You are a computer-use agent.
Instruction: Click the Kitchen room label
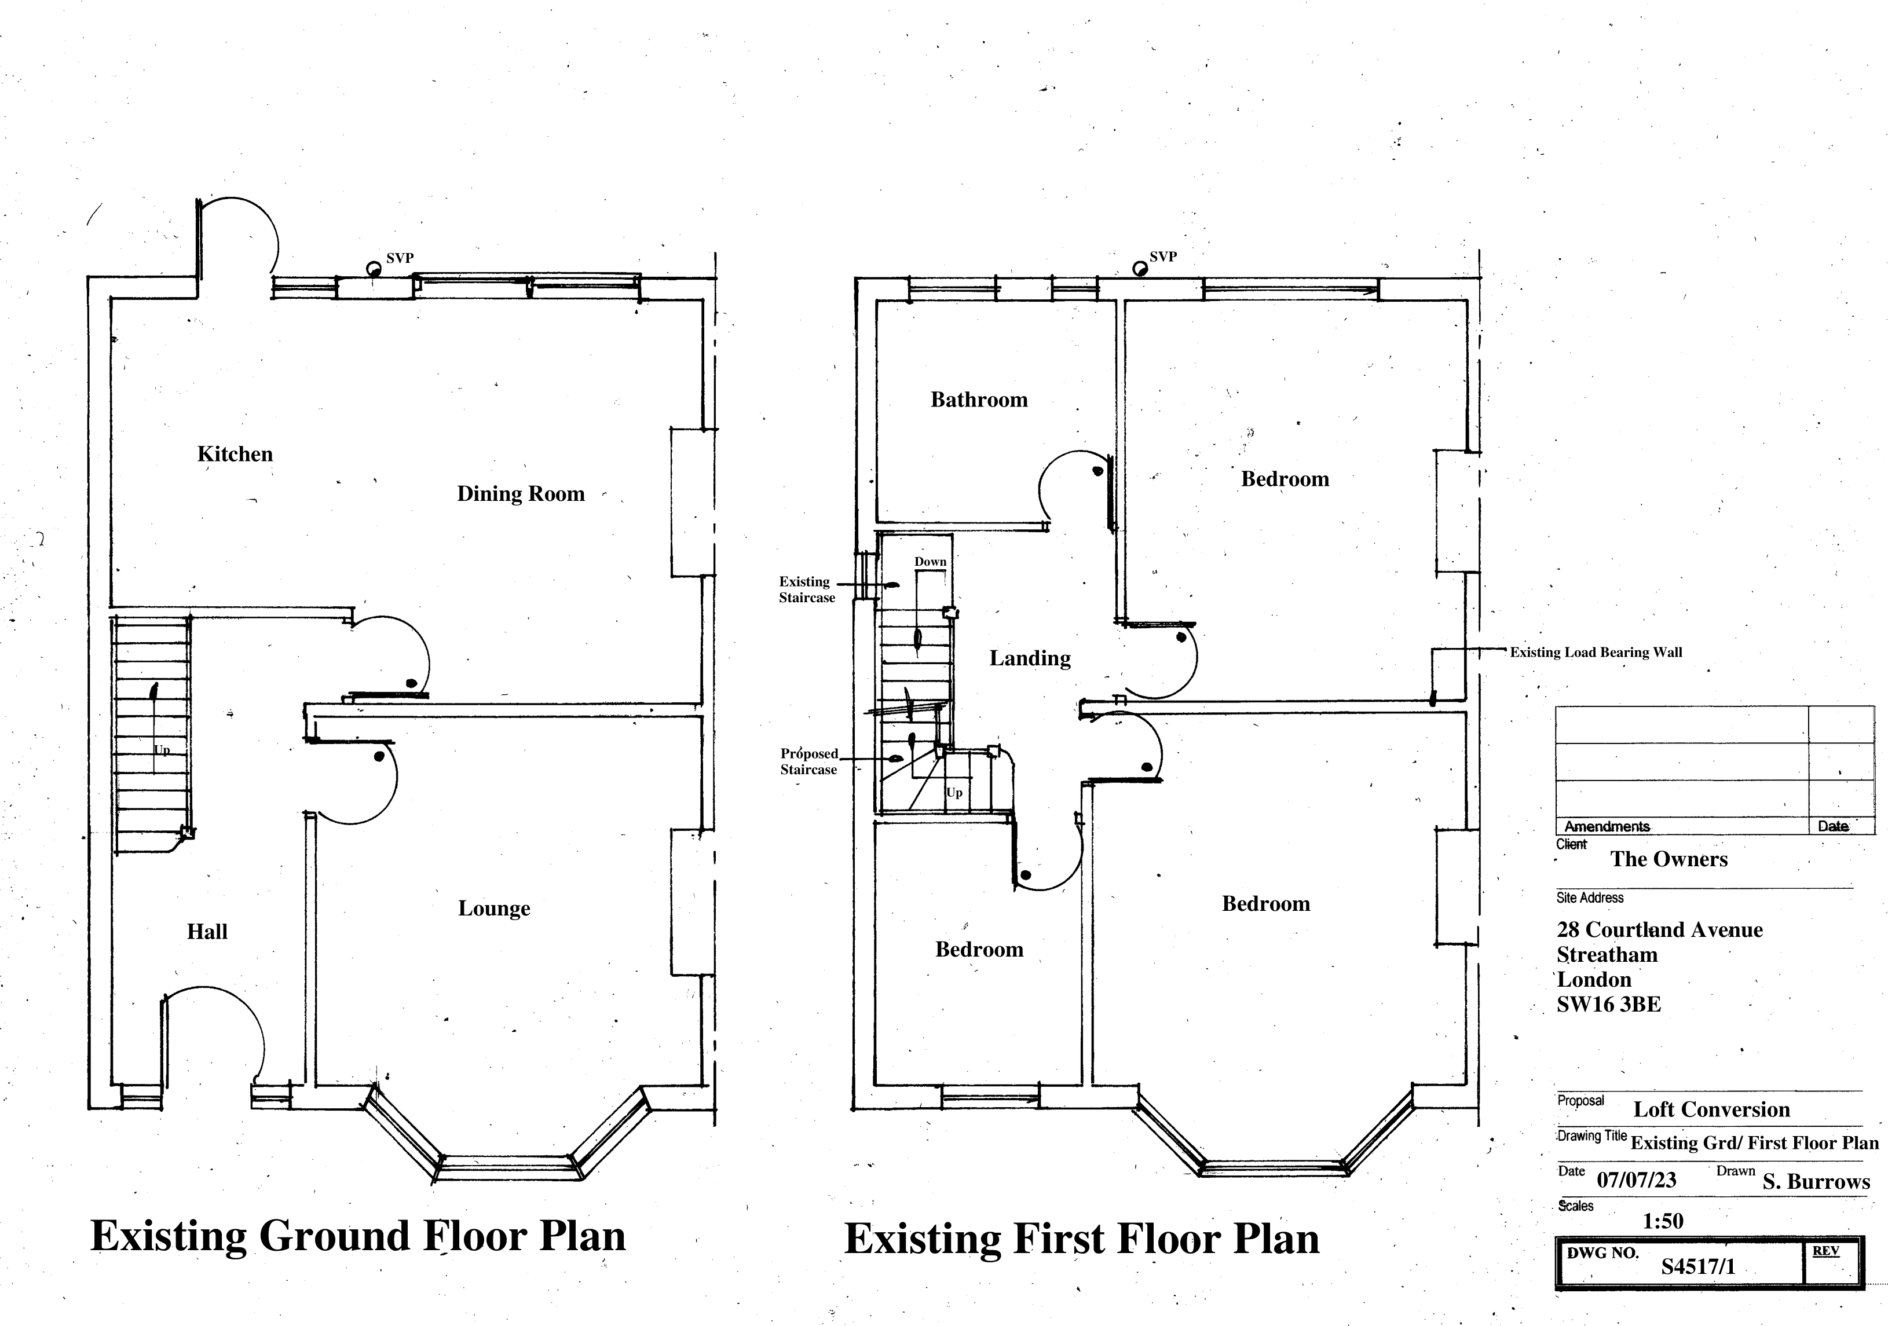235,454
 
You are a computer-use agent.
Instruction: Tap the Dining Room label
521,494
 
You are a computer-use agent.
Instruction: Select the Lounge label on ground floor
493,909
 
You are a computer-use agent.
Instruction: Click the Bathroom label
979,400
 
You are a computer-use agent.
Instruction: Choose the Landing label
1030,658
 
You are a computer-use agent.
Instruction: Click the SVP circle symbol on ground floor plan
374,269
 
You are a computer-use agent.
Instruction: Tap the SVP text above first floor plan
1163,257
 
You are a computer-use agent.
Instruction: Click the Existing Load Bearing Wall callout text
1596,653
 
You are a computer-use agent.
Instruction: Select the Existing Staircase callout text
806,589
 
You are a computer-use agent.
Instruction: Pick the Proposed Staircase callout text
808,761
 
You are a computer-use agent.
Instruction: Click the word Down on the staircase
930,562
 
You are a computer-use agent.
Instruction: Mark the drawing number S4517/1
1697,1266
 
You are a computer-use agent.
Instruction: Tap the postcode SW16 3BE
1608,1005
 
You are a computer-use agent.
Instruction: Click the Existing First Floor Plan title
1081,1239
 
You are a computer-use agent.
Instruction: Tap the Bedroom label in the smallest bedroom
979,950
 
